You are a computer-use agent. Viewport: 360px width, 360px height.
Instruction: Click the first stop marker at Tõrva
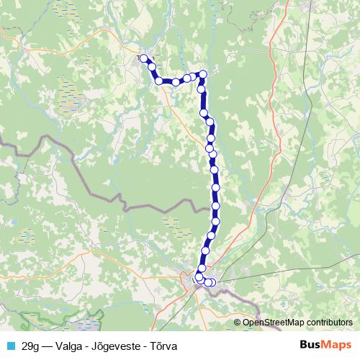[x=143, y=58]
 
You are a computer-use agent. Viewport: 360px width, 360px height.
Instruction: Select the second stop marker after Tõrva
[x=159, y=81]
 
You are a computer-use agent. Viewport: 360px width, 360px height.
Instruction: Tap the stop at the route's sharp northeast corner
[x=203, y=73]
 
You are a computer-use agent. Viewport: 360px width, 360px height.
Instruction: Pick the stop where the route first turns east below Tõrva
[x=159, y=81]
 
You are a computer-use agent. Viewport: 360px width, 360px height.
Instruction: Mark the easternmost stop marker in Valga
[x=212, y=282]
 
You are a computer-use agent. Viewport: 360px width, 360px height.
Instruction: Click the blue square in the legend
[x=10, y=346]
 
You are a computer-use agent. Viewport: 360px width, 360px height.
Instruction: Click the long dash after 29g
[x=51, y=346]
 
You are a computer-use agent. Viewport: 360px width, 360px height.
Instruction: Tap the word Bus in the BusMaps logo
[x=310, y=345]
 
